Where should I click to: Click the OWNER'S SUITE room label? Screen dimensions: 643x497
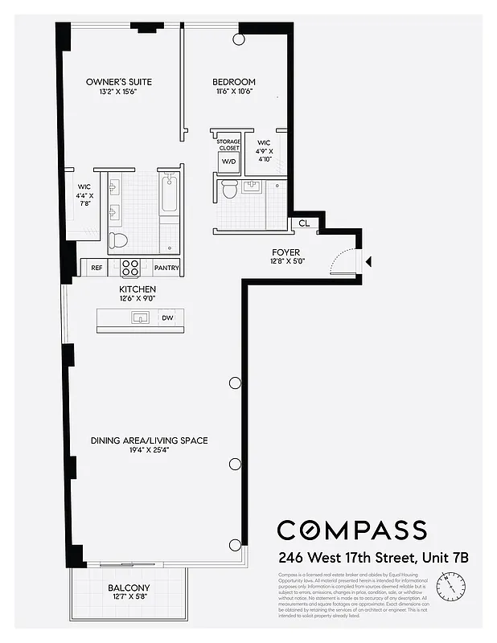tap(119, 82)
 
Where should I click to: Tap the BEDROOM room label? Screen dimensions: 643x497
tap(234, 82)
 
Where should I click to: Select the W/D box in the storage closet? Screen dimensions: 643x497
tap(228, 161)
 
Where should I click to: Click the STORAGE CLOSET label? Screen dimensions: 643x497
tap(229, 145)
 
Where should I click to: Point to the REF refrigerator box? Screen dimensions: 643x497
tap(97, 268)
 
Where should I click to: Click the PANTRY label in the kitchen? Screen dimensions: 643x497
tap(166, 268)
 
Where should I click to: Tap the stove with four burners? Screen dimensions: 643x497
tap(131, 267)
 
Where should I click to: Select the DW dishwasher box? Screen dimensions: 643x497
tap(167, 318)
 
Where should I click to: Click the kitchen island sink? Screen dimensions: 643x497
tap(141, 318)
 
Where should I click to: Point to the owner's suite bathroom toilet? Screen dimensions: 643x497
tap(118, 240)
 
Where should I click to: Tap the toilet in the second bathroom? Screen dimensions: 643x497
tap(228, 190)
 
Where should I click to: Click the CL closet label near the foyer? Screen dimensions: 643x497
tap(304, 224)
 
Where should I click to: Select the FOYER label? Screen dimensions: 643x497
tap(285, 252)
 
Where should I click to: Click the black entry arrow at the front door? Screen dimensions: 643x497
tap(368, 261)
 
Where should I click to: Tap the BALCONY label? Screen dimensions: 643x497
tap(129, 588)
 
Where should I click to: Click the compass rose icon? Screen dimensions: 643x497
tap(448, 580)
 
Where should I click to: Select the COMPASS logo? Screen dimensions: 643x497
tap(351, 530)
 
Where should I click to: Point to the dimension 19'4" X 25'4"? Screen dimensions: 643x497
tap(149, 452)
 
